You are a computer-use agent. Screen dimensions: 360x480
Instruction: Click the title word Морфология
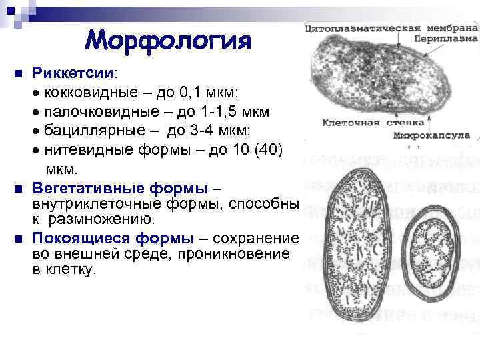(168, 41)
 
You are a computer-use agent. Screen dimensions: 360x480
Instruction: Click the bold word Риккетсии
(73, 71)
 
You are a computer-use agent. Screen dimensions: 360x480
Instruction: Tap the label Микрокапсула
(441, 135)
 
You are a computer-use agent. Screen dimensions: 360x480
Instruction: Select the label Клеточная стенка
(361, 123)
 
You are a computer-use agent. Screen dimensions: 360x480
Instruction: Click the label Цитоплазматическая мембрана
(390, 29)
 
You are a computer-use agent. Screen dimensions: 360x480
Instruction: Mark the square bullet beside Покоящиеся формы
(19, 239)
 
